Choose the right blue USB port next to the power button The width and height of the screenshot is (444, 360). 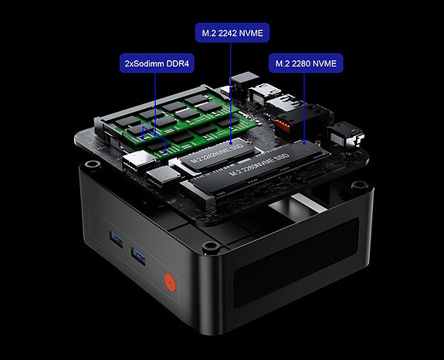click(x=138, y=254)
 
